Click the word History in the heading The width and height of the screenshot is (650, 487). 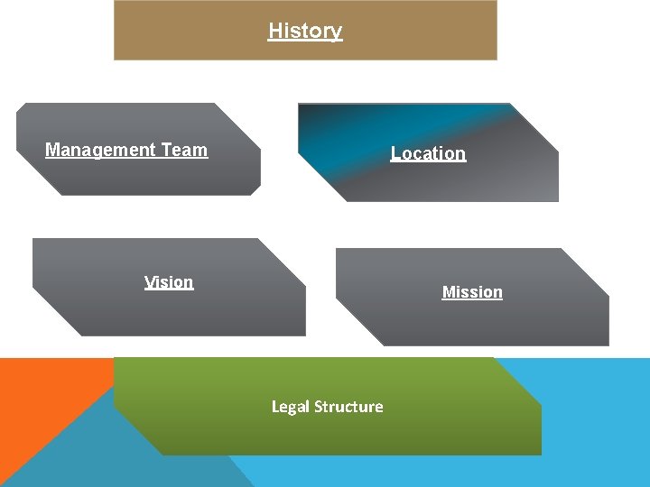click(305, 31)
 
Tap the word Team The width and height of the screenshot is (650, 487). click(184, 151)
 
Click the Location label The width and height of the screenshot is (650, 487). click(428, 154)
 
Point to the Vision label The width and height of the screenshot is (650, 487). click(169, 282)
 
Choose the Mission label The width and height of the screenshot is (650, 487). click(472, 292)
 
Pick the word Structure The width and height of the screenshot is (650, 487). click(348, 407)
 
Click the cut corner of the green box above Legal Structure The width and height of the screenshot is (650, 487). click(519, 379)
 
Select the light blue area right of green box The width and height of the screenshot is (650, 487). click(596, 424)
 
